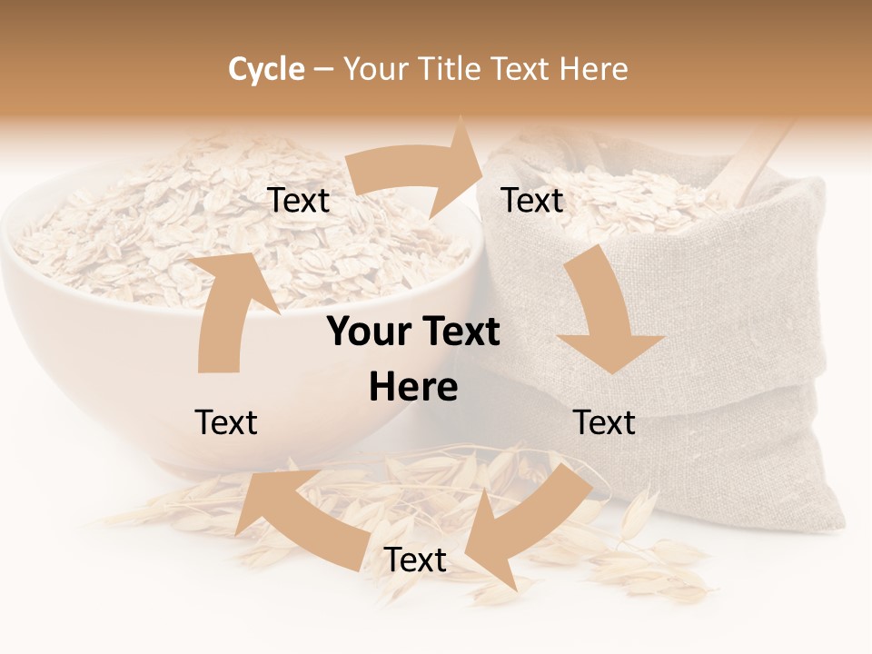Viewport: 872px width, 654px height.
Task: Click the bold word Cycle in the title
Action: [266, 69]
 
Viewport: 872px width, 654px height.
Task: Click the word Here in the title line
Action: [593, 69]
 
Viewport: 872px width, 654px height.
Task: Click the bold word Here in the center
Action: [413, 388]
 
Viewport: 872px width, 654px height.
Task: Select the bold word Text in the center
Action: [460, 332]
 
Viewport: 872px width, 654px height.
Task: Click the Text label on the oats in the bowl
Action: [299, 201]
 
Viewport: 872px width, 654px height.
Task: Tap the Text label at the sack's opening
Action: [532, 201]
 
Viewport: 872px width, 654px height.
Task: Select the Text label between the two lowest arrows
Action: [415, 560]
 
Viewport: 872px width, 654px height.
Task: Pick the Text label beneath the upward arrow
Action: [226, 422]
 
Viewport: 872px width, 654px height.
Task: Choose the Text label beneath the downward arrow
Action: [604, 422]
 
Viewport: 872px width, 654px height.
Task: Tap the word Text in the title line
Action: [523, 69]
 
